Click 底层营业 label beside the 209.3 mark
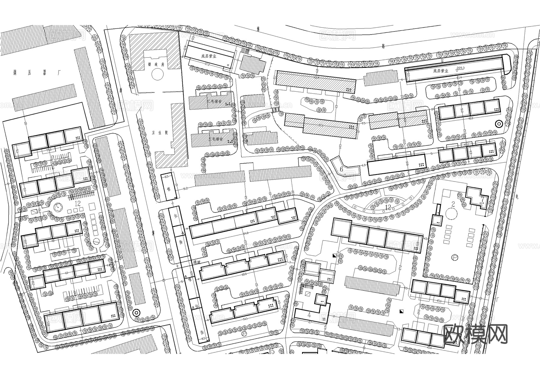440,71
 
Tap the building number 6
341,169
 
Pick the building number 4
309,315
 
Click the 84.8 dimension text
246,233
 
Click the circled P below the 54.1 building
243,333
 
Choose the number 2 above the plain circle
453,204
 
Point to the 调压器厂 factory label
37,72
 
